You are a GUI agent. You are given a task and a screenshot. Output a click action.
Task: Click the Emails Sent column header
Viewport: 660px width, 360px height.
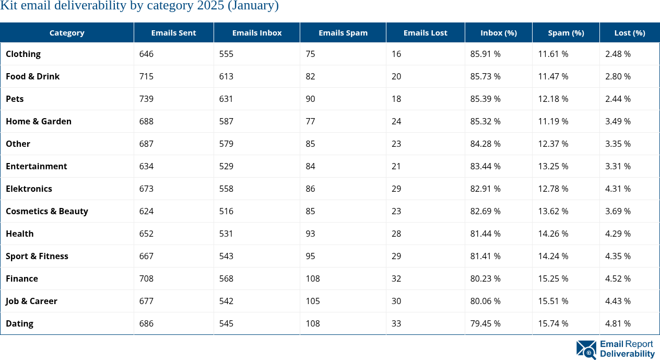tap(173, 32)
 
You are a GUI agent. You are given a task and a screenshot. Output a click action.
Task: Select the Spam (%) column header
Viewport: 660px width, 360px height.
tap(565, 32)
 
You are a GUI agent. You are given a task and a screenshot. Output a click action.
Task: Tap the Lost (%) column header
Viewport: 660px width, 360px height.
tap(629, 32)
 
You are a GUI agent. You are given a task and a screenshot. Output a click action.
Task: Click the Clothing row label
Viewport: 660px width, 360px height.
tap(23, 54)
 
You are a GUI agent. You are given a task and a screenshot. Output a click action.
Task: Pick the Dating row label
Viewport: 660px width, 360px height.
tap(19, 323)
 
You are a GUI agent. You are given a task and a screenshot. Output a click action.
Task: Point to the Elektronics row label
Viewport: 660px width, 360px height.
tap(29, 189)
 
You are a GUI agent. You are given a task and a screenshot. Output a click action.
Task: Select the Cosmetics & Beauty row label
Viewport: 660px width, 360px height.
tap(47, 211)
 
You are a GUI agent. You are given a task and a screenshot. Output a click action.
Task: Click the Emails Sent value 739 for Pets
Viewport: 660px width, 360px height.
tap(146, 99)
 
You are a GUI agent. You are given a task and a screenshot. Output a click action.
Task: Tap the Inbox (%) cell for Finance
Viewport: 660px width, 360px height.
tap(485, 278)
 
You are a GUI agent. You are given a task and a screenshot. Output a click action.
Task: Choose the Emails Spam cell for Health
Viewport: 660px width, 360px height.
tap(310, 234)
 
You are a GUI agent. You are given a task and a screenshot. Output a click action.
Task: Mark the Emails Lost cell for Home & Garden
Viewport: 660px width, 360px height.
tap(396, 121)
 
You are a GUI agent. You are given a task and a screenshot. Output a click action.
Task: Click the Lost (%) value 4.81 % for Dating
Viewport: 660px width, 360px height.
tap(618, 323)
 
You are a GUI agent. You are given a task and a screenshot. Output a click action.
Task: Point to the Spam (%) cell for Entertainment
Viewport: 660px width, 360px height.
tap(553, 166)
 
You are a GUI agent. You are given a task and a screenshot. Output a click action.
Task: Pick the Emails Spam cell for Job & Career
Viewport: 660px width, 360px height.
tap(313, 301)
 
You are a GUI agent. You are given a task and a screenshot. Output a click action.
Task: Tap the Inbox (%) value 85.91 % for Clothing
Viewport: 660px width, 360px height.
tap(485, 54)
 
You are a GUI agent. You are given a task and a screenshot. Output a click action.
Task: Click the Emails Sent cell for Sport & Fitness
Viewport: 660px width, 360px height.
tap(146, 256)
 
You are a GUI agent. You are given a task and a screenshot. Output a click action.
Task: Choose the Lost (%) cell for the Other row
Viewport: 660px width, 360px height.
tap(618, 144)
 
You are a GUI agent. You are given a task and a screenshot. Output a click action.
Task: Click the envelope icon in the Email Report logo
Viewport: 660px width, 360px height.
tap(586, 350)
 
